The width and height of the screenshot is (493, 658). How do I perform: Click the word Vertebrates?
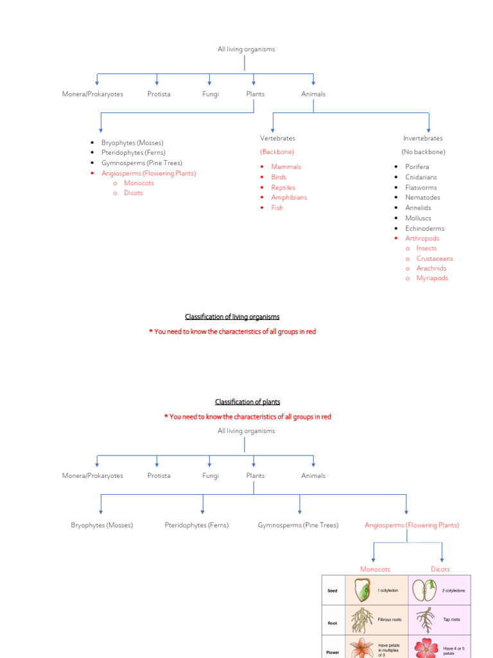click(277, 138)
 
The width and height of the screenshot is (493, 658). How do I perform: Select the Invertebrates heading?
click(422, 138)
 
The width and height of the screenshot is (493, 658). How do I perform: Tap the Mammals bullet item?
click(286, 166)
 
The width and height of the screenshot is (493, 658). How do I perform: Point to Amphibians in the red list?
click(289, 197)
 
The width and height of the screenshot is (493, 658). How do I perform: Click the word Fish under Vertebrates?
click(277, 208)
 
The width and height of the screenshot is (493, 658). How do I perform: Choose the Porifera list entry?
click(417, 166)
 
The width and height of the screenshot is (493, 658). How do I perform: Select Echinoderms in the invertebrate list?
click(424, 228)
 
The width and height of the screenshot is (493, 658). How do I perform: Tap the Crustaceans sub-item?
click(434, 258)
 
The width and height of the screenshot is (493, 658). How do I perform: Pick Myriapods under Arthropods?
click(432, 278)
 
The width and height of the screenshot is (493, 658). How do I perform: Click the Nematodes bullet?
click(422, 197)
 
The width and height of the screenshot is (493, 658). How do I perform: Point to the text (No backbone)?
click(423, 152)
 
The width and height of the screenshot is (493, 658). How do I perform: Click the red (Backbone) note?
click(277, 152)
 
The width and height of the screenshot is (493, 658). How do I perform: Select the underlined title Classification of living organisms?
click(232, 317)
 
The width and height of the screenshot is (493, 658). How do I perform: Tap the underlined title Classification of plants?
click(247, 402)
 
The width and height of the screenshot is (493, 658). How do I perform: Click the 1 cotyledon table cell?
click(388, 591)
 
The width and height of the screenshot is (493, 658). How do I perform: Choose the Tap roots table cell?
click(452, 620)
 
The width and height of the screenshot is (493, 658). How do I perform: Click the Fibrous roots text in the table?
click(390, 620)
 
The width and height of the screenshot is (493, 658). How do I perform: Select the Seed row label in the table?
click(332, 591)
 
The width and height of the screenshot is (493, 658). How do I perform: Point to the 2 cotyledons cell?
click(453, 591)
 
